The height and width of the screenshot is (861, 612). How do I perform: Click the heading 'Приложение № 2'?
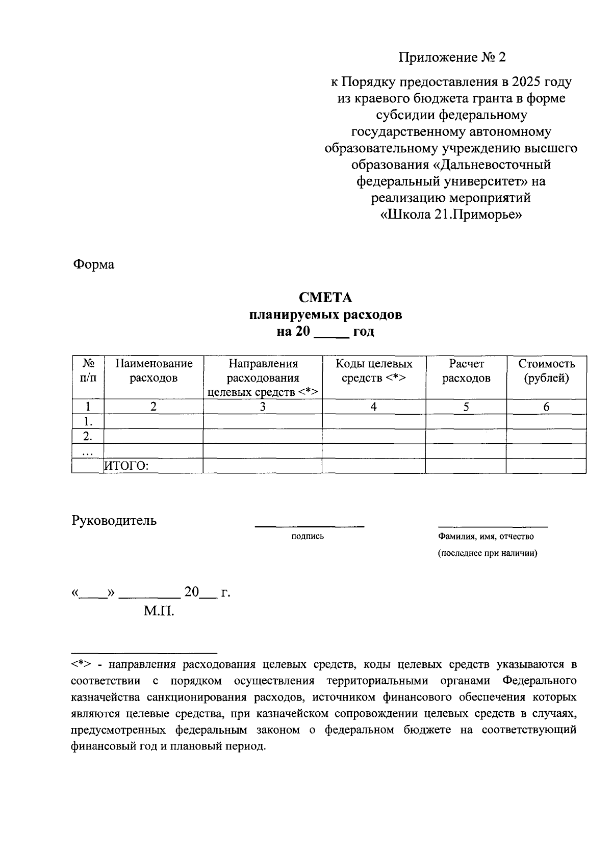click(x=452, y=57)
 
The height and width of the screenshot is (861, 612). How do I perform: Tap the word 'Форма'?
click(x=94, y=264)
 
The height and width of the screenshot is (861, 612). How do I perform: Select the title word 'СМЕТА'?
click(x=325, y=298)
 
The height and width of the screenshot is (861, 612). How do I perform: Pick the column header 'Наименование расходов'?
click(x=154, y=371)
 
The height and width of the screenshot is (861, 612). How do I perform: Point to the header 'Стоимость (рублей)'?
click(x=546, y=371)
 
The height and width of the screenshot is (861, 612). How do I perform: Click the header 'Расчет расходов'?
click(x=466, y=371)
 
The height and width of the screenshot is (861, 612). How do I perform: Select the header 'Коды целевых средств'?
click(x=374, y=371)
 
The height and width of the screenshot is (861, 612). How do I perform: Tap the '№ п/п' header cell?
click(x=88, y=371)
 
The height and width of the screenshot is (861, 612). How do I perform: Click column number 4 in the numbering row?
click(x=374, y=407)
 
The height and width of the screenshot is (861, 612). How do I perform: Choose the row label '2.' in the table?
click(x=88, y=436)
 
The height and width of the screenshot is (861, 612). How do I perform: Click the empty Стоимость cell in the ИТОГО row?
click(x=546, y=466)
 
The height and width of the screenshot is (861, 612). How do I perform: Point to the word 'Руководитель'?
click(x=114, y=521)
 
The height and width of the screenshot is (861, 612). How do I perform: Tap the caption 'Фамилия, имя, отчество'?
click(x=486, y=536)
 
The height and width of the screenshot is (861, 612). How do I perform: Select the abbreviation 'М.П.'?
click(x=159, y=611)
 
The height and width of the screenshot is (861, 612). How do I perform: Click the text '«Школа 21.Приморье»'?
click(x=451, y=214)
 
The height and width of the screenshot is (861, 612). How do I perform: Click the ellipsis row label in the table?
click(x=88, y=451)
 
